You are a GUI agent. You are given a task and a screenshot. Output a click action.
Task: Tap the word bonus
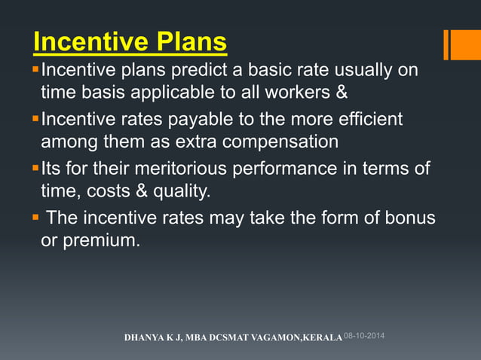408,218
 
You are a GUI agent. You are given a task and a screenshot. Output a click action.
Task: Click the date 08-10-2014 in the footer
364,334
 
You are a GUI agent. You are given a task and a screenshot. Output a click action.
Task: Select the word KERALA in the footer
323,337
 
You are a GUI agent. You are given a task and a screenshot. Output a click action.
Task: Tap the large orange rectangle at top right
465,44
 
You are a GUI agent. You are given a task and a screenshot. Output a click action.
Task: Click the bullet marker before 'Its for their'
35,167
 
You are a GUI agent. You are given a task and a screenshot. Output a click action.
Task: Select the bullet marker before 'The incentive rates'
35,218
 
